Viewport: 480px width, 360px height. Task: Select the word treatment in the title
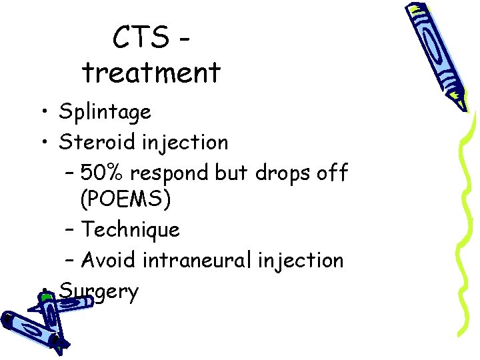[151, 72]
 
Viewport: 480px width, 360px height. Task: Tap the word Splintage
[105, 112]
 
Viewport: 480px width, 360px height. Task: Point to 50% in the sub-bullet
[103, 173]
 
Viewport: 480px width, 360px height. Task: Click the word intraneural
[204, 259]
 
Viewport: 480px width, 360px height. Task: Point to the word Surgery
[99, 291]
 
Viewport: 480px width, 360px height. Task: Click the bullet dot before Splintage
[43, 112]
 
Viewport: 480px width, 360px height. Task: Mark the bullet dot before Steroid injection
[43, 142]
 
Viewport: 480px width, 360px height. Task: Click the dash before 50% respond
[71, 173]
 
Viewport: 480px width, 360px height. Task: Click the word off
[334, 173]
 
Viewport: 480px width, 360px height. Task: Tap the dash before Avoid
[71, 260]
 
